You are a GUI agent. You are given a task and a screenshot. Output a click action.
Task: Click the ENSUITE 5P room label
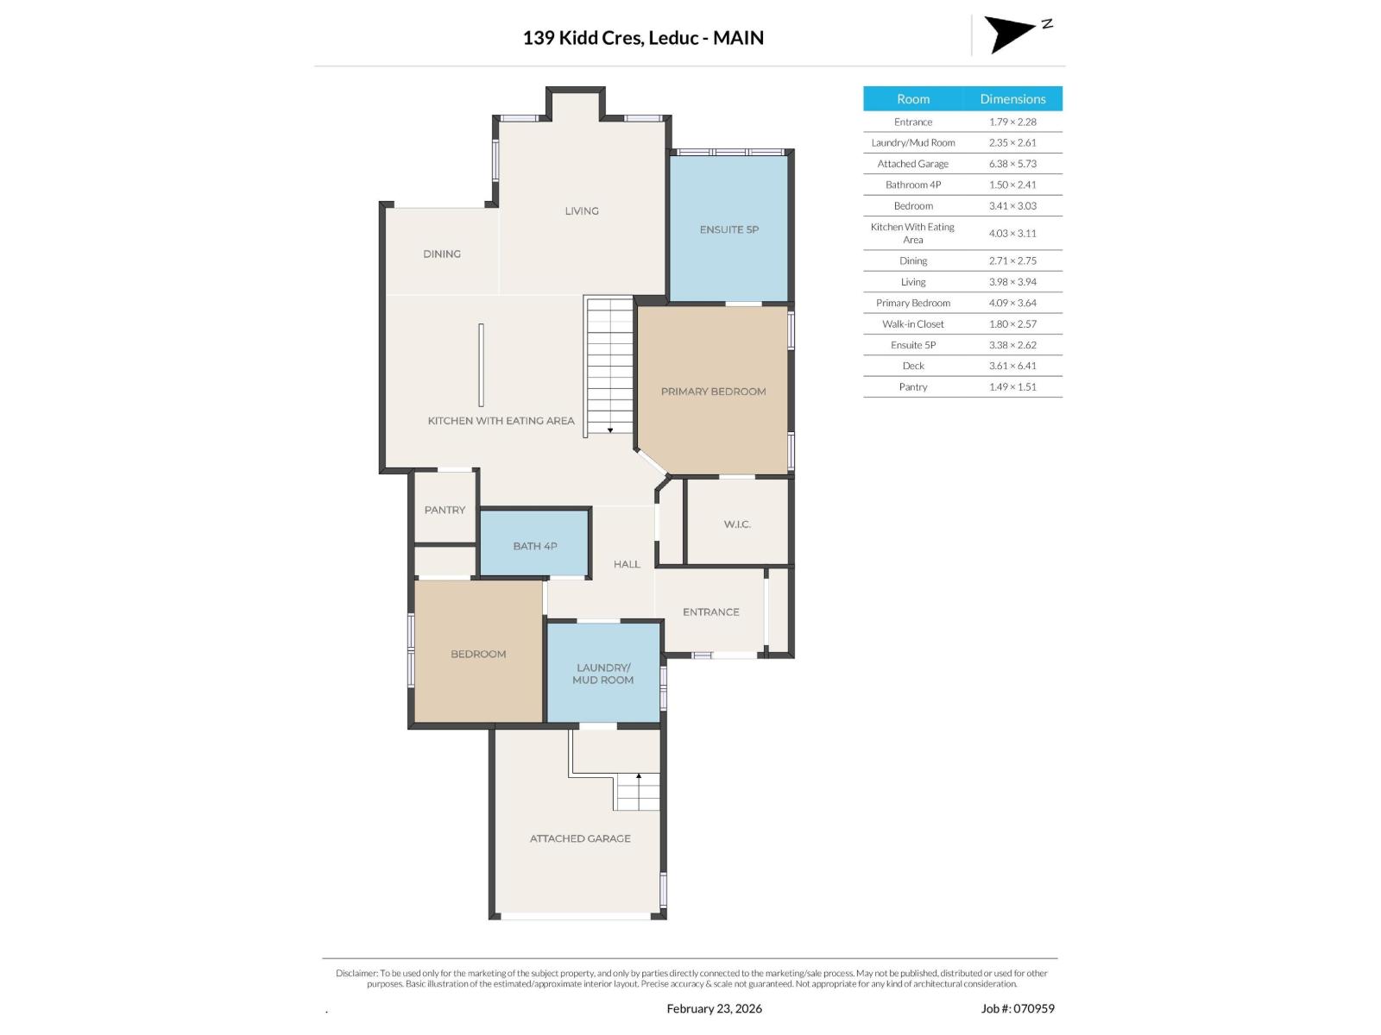click(728, 229)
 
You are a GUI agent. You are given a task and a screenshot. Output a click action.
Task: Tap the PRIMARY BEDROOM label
click(713, 392)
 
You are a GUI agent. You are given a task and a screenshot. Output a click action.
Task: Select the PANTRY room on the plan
click(445, 510)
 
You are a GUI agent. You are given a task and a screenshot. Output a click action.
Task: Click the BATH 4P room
click(534, 546)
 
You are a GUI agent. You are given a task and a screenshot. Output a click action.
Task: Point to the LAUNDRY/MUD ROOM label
click(602, 674)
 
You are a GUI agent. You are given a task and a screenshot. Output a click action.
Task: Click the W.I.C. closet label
click(736, 524)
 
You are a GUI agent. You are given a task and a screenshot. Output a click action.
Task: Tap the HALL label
click(627, 564)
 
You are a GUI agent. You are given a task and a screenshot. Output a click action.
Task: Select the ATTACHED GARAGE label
click(580, 838)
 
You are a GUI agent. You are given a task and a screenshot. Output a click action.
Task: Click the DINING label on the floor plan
click(441, 254)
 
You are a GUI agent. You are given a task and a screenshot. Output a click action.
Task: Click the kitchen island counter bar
click(481, 365)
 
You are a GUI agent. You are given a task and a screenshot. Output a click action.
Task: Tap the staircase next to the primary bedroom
click(610, 367)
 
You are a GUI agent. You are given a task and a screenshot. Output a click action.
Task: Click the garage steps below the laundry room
click(638, 792)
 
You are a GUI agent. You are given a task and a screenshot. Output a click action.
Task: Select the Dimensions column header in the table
click(1012, 98)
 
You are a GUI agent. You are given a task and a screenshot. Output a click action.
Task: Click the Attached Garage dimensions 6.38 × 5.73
click(1012, 164)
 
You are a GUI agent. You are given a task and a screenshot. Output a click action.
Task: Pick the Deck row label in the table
click(913, 366)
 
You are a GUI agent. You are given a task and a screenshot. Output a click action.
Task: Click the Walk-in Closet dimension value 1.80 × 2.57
click(1012, 324)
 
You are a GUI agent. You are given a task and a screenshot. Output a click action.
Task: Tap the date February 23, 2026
click(714, 1008)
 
